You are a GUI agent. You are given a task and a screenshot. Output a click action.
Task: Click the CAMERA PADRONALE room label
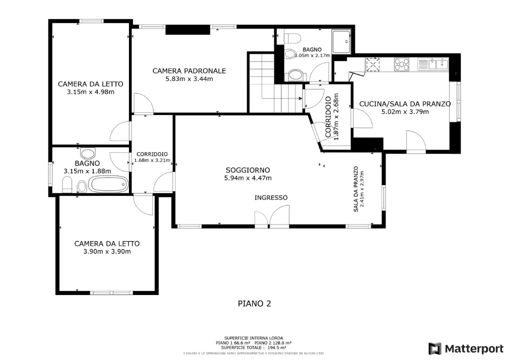pyautogui.click(x=189, y=71)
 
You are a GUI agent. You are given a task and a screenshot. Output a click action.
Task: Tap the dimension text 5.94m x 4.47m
pyautogui.click(x=248, y=178)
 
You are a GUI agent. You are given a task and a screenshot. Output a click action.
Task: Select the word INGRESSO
pyautogui.click(x=271, y=197)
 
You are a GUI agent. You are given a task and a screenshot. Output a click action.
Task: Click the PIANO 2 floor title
pyautogui.click(x=254, y=303)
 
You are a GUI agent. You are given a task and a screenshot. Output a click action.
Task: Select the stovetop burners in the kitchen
pyautogui.click(x=401, y=64)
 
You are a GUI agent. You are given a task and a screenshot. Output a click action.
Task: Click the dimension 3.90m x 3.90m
pyautogui.click(x=107, y=251)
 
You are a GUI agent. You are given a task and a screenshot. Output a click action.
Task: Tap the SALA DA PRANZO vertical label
pyautogui.click(x=356, y=189)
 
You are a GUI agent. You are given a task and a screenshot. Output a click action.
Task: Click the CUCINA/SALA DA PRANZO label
pyautogui.click(x=405, y=104)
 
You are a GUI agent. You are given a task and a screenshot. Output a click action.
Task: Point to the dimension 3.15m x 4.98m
pyautogui.click(x=90, y=92)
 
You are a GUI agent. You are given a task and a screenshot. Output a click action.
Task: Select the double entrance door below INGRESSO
pyautogui.click(x=271, y=218)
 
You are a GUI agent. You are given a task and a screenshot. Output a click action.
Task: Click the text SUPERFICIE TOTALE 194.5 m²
pyautogui.click(x=254, y=347)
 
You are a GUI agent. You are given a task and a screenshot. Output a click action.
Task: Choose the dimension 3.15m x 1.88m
pyautogui.click(x=87, y=171)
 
